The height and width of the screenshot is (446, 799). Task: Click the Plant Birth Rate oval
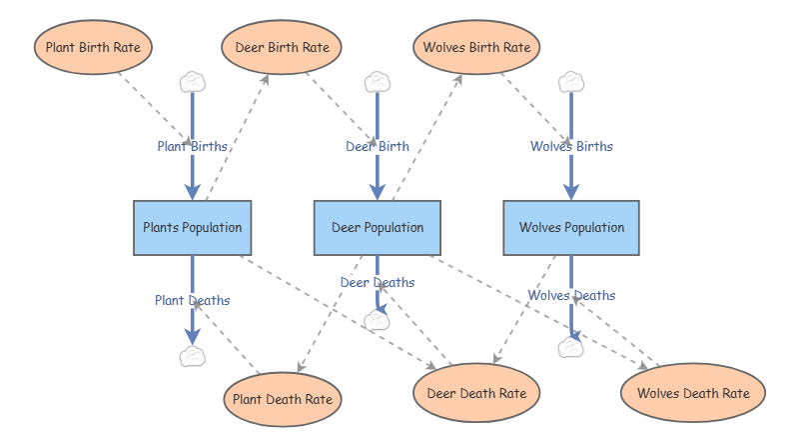pos(93,47)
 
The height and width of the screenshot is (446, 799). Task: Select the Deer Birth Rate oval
pos(283,47)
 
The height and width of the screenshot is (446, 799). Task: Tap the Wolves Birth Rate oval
pos(476,47)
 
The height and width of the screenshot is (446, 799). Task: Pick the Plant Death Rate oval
pos(283,399)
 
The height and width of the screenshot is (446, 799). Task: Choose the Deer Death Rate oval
pos(476,393)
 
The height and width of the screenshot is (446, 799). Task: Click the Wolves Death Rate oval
pos(693,393)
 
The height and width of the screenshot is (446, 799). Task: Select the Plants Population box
pos(192,227)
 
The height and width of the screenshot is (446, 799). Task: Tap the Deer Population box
pos(377,227)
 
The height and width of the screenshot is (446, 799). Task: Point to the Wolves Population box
pos(571,227)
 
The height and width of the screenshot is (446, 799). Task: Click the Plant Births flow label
pos(192,146)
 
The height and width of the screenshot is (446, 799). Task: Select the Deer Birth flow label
pos(378,146)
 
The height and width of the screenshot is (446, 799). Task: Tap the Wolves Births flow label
pos(571,146)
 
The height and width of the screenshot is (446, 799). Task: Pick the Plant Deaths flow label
pos(192,300)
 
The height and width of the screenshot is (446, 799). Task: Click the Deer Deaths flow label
pos(378,282)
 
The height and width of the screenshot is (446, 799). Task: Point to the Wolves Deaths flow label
pos(571,295)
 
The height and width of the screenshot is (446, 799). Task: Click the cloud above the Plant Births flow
pos(192,82)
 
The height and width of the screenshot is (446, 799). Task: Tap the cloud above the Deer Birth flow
pos(377,82)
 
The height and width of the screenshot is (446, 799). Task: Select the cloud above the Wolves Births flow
pos(571,82)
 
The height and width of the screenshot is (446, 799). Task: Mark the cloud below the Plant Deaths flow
pos(192,356)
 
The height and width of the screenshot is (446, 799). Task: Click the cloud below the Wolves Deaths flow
pos(571,347)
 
